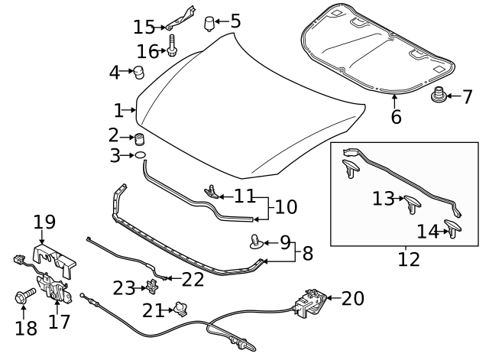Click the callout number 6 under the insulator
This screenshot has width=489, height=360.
tap(396, 117)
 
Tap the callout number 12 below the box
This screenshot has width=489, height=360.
tap(409, 259)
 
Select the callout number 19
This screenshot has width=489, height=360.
tap(45, 222)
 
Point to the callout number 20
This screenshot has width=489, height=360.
tap(352, 298)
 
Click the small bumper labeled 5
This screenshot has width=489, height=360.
tap(209, 24)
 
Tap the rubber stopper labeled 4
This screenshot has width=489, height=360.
tap(139, 73)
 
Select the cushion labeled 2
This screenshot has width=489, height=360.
tap(140, 139)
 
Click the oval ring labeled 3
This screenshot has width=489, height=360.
tap(140, 157)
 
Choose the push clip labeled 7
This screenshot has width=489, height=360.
tap(439, 97)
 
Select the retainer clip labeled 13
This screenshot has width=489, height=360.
tap(413, 203)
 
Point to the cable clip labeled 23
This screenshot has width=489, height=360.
tap(151, 287)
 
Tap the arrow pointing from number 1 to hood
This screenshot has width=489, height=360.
tap(132, 110)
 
